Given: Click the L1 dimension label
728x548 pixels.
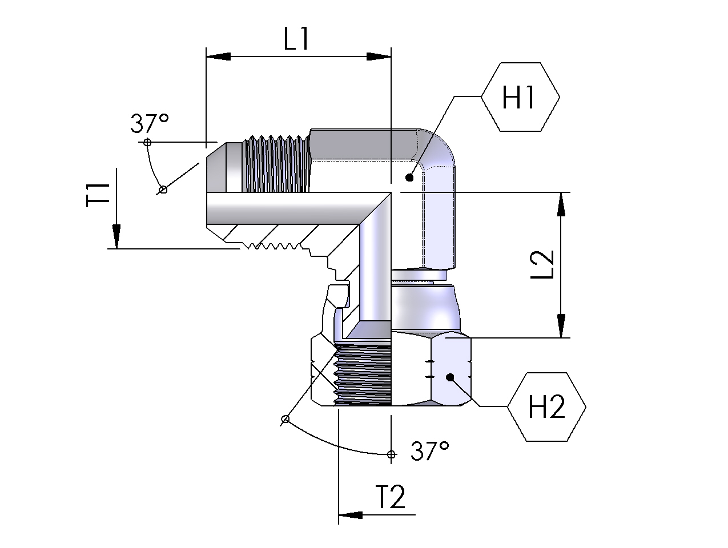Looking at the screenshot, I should click(x=296, y=40).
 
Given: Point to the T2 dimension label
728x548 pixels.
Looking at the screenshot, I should click(x=391, y=497).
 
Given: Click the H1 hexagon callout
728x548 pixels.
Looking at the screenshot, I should click(x=520, y=98).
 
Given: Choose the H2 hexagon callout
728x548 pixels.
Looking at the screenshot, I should click(x=546, y=407).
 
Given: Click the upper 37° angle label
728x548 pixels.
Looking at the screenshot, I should click(x=150, y=123).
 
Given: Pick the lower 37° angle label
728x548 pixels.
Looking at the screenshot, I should click(x=429, y=452).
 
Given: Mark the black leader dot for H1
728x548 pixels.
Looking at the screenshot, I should click(x=409, y=178).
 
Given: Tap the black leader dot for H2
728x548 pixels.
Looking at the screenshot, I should click(x=450, y=377).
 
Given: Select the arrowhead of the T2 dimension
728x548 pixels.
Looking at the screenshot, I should click(x=351, y=515).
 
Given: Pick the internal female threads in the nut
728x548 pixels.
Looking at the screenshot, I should click(x=363, y=374).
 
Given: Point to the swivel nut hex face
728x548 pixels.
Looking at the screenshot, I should click(x=451, y=371).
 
